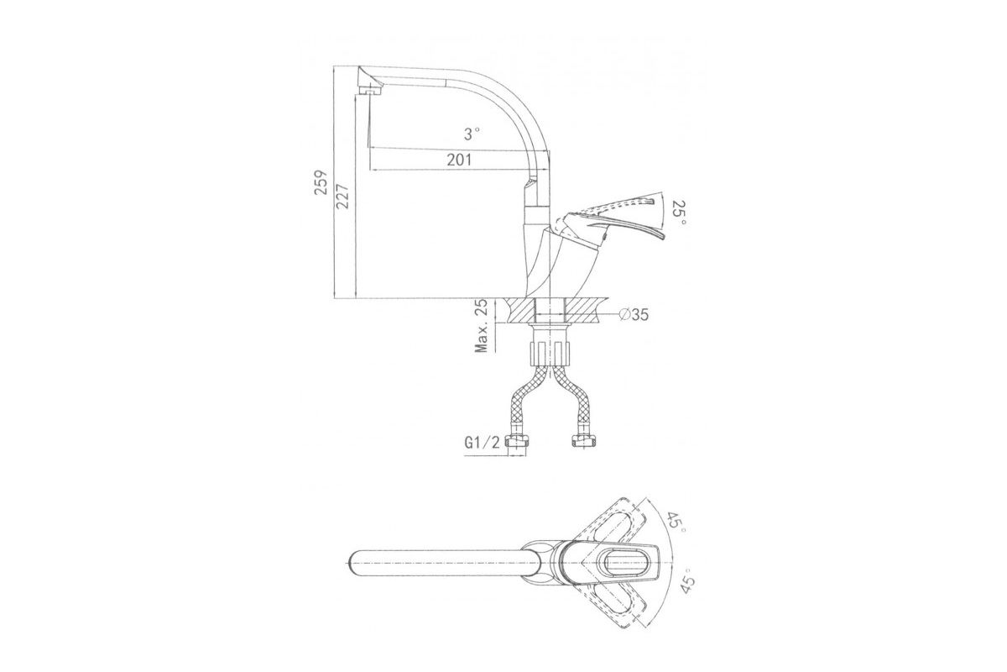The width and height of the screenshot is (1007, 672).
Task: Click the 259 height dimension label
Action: click(321, 183)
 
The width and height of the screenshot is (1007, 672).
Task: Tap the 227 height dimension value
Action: click(343, 197)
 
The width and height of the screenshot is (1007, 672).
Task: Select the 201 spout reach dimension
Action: click(459, 160)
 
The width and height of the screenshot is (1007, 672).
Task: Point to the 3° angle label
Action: click(472, 134)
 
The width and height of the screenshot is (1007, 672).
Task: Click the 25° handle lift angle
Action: click(679, 214)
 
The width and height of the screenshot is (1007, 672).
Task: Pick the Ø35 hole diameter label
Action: click(634, 315)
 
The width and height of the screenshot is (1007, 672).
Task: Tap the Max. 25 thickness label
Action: click(483, 326)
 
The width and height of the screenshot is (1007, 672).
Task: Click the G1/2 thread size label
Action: click(482, 444)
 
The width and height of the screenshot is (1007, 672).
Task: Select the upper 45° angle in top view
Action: click(676, 523)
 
